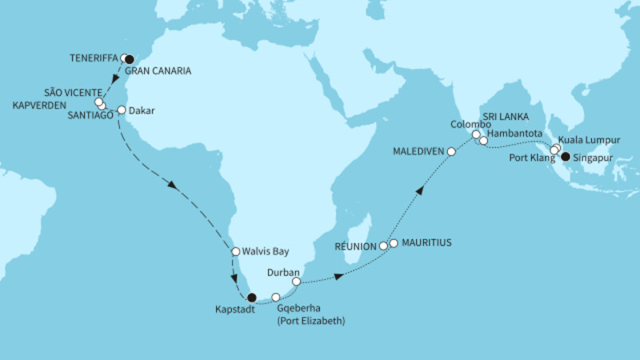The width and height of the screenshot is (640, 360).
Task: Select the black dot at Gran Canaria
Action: tap(130, 58)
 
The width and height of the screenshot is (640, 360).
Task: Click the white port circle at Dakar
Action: tap(122, 110)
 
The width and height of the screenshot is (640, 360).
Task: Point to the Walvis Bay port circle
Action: tap(236, 251)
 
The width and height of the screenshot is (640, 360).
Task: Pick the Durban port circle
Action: tap(297, 282)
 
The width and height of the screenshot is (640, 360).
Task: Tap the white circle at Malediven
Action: tap(451, 150)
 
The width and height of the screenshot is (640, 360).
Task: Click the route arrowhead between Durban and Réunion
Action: tap(342, 275)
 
